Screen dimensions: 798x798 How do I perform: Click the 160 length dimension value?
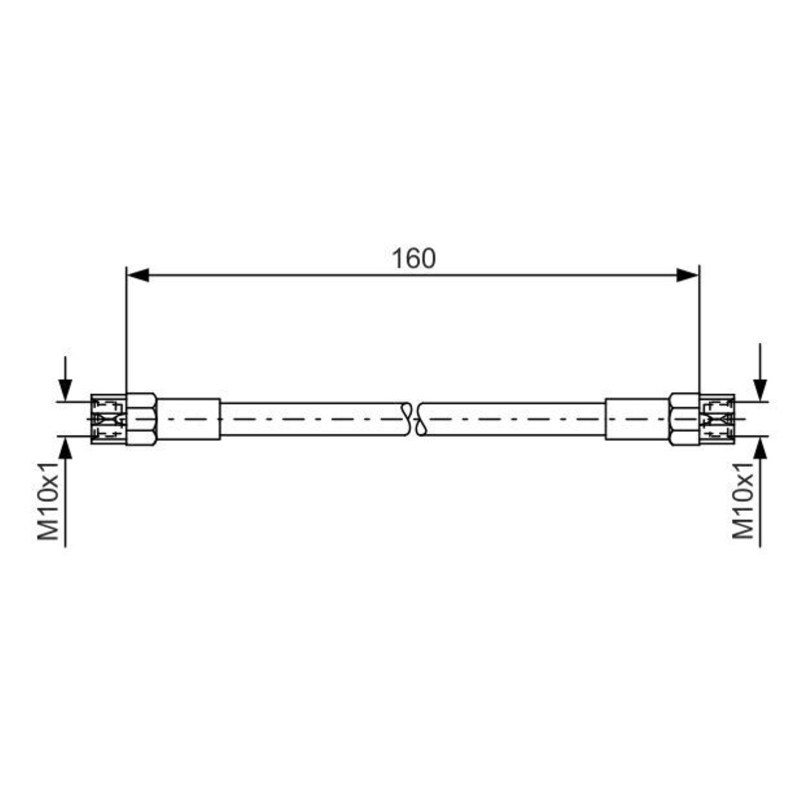point(413,258)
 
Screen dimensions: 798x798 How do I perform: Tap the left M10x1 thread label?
point(49,502)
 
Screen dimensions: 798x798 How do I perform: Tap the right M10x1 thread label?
point(743,501)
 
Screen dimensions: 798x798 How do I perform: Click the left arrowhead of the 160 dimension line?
point(138,275)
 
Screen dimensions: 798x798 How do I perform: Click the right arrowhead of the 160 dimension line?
point(687,275)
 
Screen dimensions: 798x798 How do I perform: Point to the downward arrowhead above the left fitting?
point(65,390)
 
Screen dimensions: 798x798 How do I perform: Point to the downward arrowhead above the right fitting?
point(760,390)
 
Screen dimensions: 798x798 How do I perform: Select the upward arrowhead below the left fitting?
point(65,448)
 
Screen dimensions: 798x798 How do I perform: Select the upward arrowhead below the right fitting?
point(760,448)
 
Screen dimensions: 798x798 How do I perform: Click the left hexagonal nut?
point(141,419)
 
